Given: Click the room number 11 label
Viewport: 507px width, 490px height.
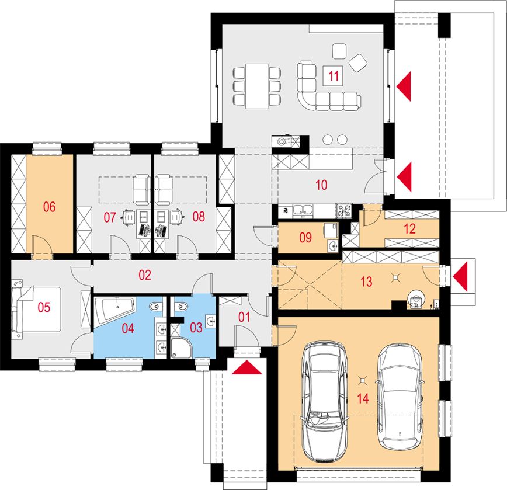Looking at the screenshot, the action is click(334, 76).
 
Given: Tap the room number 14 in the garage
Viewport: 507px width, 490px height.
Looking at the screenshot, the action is click(363, 398).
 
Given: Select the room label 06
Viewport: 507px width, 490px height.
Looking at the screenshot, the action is click(49, 207).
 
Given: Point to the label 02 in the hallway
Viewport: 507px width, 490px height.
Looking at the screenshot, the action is click(144, 275).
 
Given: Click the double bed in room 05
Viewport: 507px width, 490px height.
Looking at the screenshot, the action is click(36, 310).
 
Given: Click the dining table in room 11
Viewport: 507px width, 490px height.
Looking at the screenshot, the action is click(257, 86).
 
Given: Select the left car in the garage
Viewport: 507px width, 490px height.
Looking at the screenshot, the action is click(325, 401).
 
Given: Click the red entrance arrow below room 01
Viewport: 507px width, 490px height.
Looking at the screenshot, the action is click(246, 367).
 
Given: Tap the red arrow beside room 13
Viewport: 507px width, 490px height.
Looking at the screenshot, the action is click(460, 276).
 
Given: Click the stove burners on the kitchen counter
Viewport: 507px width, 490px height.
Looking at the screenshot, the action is click(344, 210).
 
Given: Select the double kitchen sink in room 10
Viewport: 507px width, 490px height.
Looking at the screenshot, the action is click(303, 210).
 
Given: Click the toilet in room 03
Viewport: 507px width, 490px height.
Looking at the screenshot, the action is click(181, 305).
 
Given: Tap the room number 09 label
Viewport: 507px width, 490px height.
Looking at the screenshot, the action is click(305, 238).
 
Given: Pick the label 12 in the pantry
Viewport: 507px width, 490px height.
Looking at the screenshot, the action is click(409, 229).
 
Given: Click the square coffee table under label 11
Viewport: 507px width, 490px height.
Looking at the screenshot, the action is click(334, 76).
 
